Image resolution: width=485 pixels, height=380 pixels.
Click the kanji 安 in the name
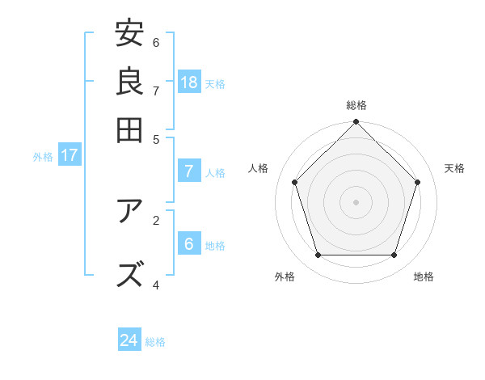[x=129, y=34]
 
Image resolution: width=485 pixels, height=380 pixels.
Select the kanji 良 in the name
[x=129, y=81]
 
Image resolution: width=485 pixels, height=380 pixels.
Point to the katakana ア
[x=129, y=212]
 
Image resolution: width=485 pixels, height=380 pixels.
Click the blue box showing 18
[x=189, y=82]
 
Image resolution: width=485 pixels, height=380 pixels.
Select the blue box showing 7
[x=189, y=171]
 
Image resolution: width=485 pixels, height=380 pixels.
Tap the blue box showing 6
[x=189, y=244]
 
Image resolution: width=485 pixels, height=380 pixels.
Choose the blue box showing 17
[x=69, y=155]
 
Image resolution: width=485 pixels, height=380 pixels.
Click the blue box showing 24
[x=129, y=340]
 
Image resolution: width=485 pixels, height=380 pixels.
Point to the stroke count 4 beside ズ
[x=156, y=285]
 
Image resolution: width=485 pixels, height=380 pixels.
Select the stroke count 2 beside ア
[x=156, y=218]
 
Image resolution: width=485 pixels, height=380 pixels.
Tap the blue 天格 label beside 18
[x=215, y=83]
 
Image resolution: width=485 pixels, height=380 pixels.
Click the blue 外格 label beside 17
[x=42, y=157]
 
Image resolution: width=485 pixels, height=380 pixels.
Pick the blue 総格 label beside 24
[x=155, y=342]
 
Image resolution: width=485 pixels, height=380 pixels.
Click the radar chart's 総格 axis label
[x=356, y=105]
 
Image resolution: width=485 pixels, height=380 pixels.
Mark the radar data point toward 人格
[x=295, y=182]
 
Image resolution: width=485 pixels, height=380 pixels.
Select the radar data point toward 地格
[x=394, y=255]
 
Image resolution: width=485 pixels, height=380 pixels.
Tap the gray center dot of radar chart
[x=356, y=202]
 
